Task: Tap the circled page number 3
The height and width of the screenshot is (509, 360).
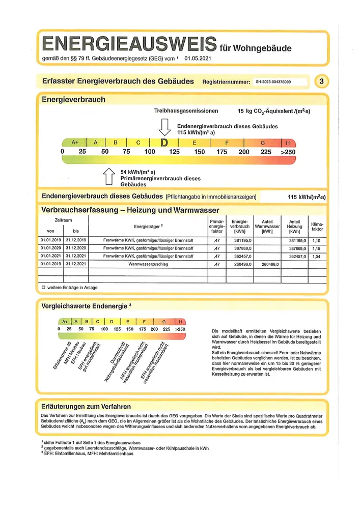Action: (x=321, y=81)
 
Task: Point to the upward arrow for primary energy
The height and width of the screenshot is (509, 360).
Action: (x=108, y=177)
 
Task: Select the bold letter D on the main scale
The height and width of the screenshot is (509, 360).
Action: (x=164, y=143)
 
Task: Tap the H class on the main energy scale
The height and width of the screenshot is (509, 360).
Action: (x=288, y=143)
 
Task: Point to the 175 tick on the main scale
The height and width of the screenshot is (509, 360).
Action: (x=222, y=152)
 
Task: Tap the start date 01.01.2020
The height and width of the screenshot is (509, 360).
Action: (x=50, y=248)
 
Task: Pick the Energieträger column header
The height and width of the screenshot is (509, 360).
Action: (x=148, y=225)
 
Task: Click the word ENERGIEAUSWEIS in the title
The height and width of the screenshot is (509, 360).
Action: (x=129, y=44)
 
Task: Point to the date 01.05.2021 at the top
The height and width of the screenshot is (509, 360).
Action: (x=198, y=59)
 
